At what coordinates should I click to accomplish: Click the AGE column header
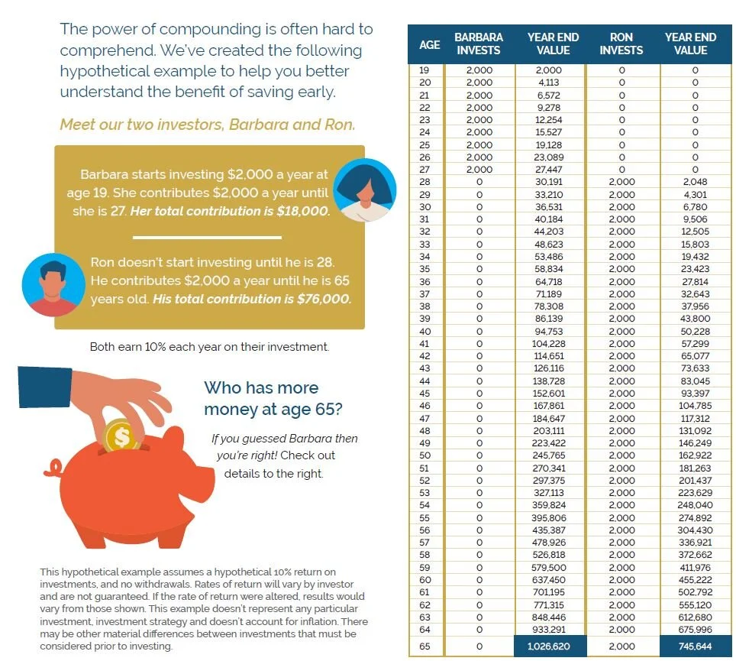[x=429, y=44]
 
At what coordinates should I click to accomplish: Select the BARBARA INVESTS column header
[x=479, y=44]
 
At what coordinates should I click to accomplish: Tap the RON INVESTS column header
[x=621, y=44]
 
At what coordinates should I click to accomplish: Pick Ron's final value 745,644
[x=694, y=646]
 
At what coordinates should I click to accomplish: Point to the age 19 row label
[x=425, y=70]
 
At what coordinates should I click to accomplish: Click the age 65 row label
[x=425, y=646]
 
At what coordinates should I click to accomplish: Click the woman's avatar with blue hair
[x=365, y=190]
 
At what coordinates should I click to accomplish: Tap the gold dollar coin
[x=121, y=436]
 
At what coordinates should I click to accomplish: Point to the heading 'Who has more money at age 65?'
[x=272, y=398]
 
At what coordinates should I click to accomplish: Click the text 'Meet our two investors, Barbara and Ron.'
[x=207, y=125]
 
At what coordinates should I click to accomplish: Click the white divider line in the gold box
[x=208, y=237]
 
